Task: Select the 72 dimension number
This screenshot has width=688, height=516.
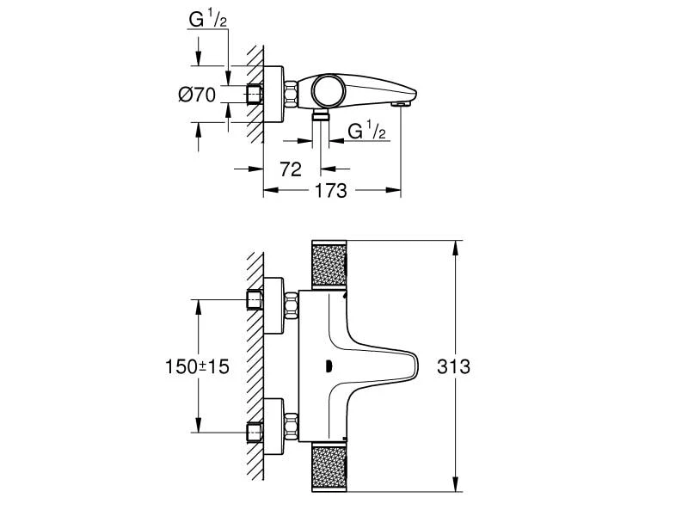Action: (291, 169)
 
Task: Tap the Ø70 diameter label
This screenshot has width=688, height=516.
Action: (196, 95)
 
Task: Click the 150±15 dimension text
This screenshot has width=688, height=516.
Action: (197, 367)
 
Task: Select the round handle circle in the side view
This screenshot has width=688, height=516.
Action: (327, 89)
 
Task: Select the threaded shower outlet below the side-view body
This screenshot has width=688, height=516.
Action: (321, 114)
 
